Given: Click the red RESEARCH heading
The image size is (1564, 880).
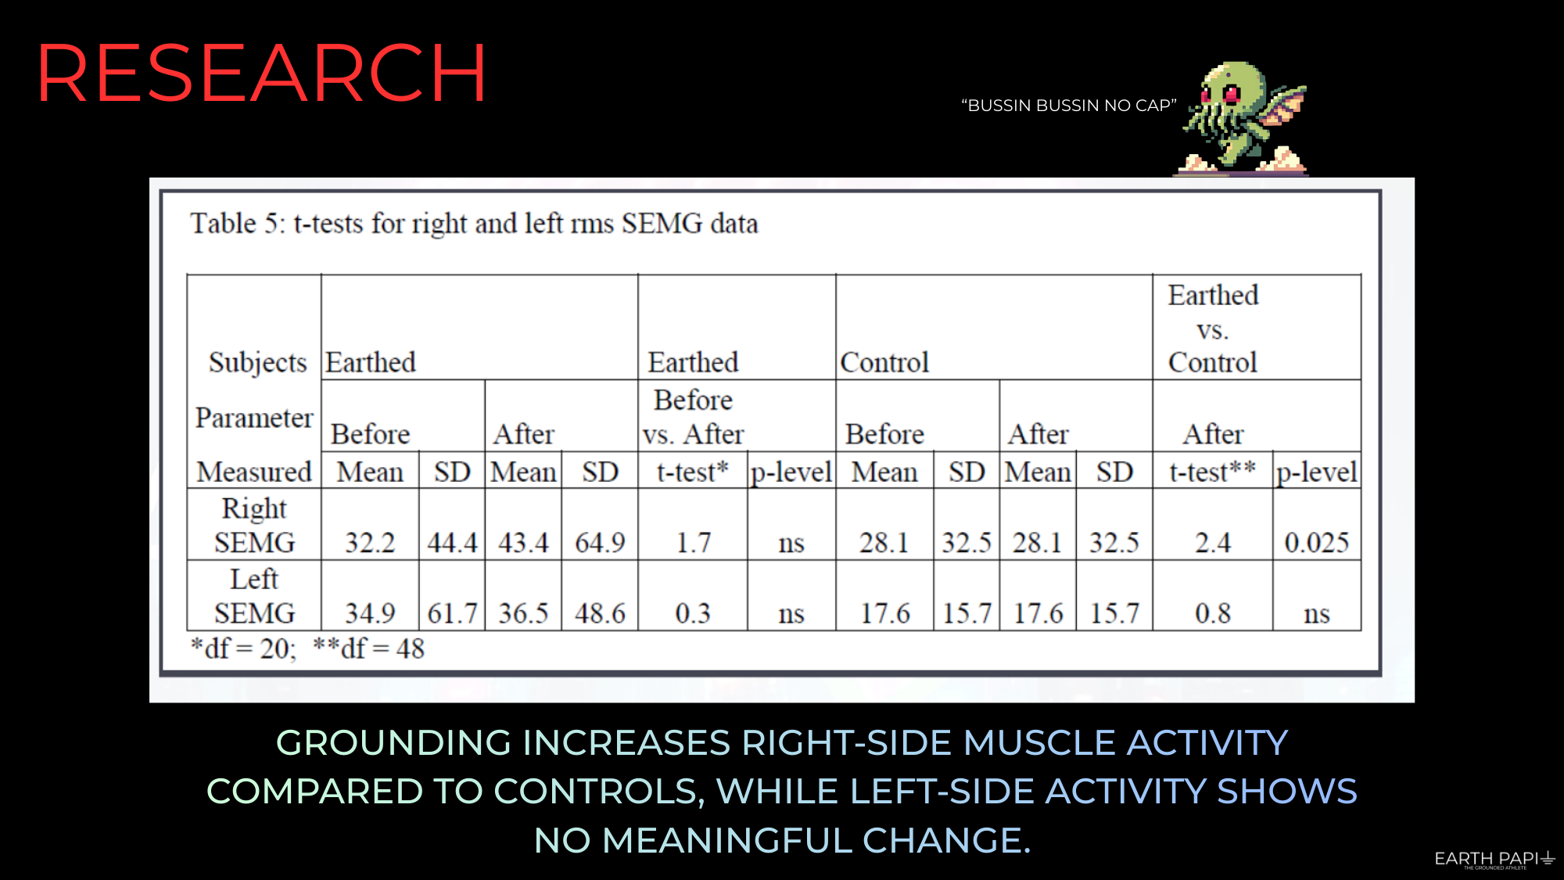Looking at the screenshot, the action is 261,74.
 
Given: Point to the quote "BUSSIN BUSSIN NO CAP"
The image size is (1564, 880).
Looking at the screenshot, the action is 1069,106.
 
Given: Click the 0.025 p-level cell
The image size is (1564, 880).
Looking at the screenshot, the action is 1317,542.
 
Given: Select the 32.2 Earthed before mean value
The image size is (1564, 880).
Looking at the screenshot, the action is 370,542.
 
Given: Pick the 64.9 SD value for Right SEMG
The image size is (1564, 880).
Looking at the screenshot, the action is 600,542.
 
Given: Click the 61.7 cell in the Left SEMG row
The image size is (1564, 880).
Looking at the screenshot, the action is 452,612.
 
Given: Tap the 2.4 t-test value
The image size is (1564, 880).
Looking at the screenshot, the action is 1213,542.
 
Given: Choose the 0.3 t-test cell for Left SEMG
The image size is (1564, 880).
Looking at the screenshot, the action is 693,612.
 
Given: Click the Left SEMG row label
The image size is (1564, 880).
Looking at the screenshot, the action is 255,595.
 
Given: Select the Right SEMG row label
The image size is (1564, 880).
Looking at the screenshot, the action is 255,525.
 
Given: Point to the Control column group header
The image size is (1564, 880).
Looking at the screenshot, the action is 884,362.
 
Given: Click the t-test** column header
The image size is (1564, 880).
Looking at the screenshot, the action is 1213,472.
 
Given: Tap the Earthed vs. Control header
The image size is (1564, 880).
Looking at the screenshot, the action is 1213,329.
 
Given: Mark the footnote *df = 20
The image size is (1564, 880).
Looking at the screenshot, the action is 243,648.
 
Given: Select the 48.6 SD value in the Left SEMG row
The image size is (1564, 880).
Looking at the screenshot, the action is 600,612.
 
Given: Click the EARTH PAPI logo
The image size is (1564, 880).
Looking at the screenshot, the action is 1494,860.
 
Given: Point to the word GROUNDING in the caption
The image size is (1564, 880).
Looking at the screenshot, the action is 393,742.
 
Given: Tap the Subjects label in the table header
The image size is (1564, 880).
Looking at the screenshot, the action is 258,363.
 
